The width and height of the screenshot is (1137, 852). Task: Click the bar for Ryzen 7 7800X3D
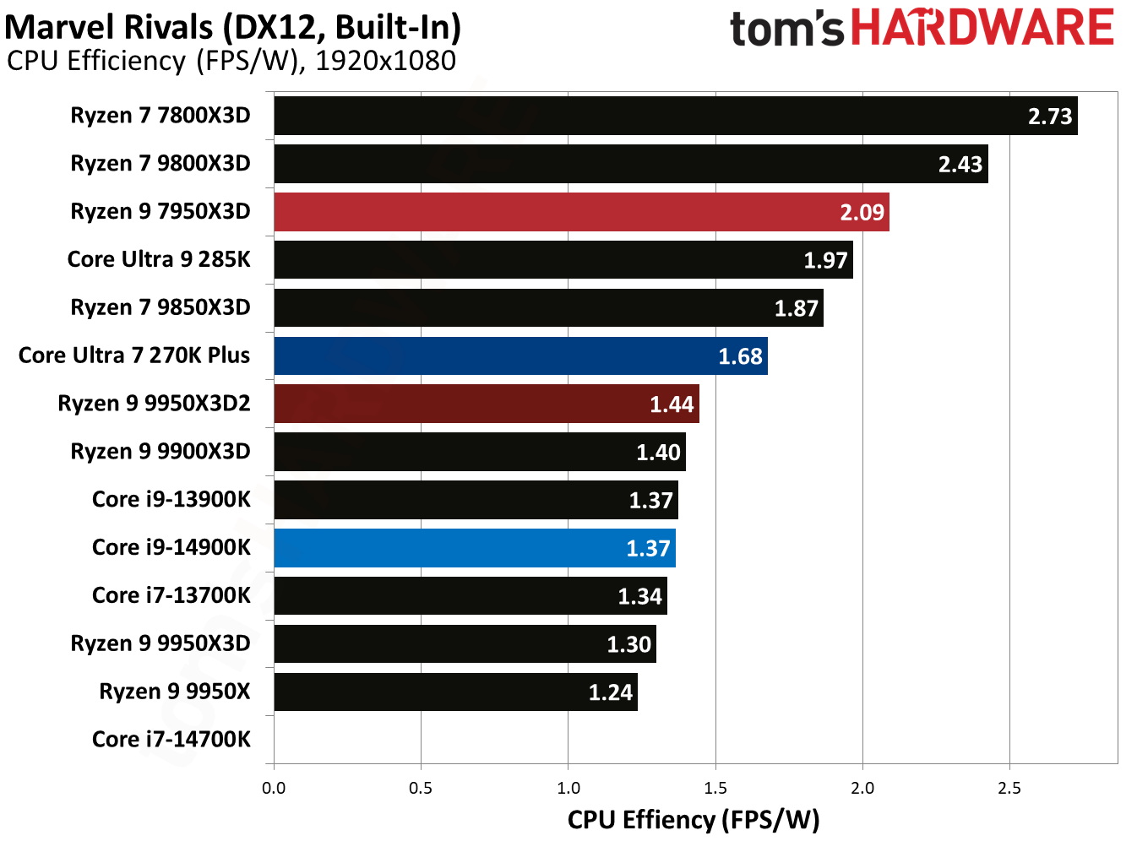(675, 116)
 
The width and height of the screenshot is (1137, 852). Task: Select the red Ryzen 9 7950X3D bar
(581, 212)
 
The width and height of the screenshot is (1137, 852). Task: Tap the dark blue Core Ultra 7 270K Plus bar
(520, 355)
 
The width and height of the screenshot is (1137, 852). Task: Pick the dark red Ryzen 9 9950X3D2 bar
(486, 404)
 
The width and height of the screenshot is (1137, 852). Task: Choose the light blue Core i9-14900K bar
(474, 548)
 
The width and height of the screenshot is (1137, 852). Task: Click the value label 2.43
(960, 165)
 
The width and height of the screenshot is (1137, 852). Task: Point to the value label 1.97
(824, 261)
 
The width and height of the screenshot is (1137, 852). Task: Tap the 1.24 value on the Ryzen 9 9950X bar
(610, 693)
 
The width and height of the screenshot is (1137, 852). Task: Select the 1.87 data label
(796, 309)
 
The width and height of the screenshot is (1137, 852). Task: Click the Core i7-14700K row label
(171, 740)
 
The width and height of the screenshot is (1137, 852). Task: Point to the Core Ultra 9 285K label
(159, 259)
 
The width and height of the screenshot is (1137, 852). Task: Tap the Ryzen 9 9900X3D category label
(160, 452)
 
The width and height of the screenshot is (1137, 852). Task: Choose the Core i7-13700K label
(171, 596)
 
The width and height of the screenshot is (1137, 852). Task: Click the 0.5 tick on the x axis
(421, 789)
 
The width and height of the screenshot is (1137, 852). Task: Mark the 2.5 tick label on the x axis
(1009, 789)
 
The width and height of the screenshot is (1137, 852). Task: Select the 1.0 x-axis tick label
(568, 789)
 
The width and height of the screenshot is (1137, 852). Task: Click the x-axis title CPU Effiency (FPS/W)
(693, 820)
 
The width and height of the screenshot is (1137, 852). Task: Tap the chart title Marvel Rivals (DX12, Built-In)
(233, 27)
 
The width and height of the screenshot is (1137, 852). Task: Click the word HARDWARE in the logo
(982, 28)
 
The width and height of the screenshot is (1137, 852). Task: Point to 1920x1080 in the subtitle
(385, 62)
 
